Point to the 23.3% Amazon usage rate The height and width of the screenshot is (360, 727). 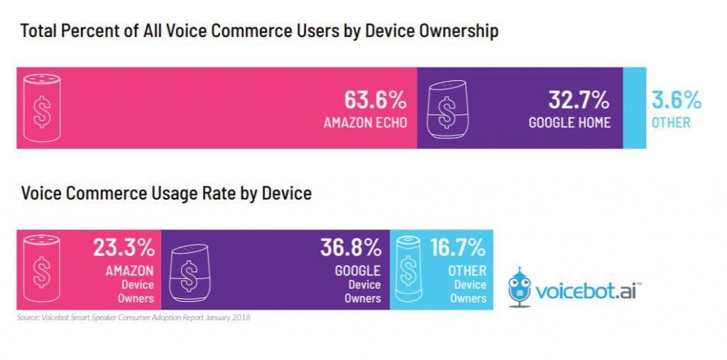tap(124, 248)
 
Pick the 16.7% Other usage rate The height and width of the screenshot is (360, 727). tap(458, 248)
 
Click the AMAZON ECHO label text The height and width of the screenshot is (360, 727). tap(365, 122)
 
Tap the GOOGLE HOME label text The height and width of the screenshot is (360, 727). tap(569, 122)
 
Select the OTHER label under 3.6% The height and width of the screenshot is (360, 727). tap(671, 122)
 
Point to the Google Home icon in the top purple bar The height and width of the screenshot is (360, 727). tap(447, 109)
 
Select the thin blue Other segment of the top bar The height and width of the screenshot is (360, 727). tap(635, 108)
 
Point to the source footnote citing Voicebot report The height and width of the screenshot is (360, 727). tap(133, 317)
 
